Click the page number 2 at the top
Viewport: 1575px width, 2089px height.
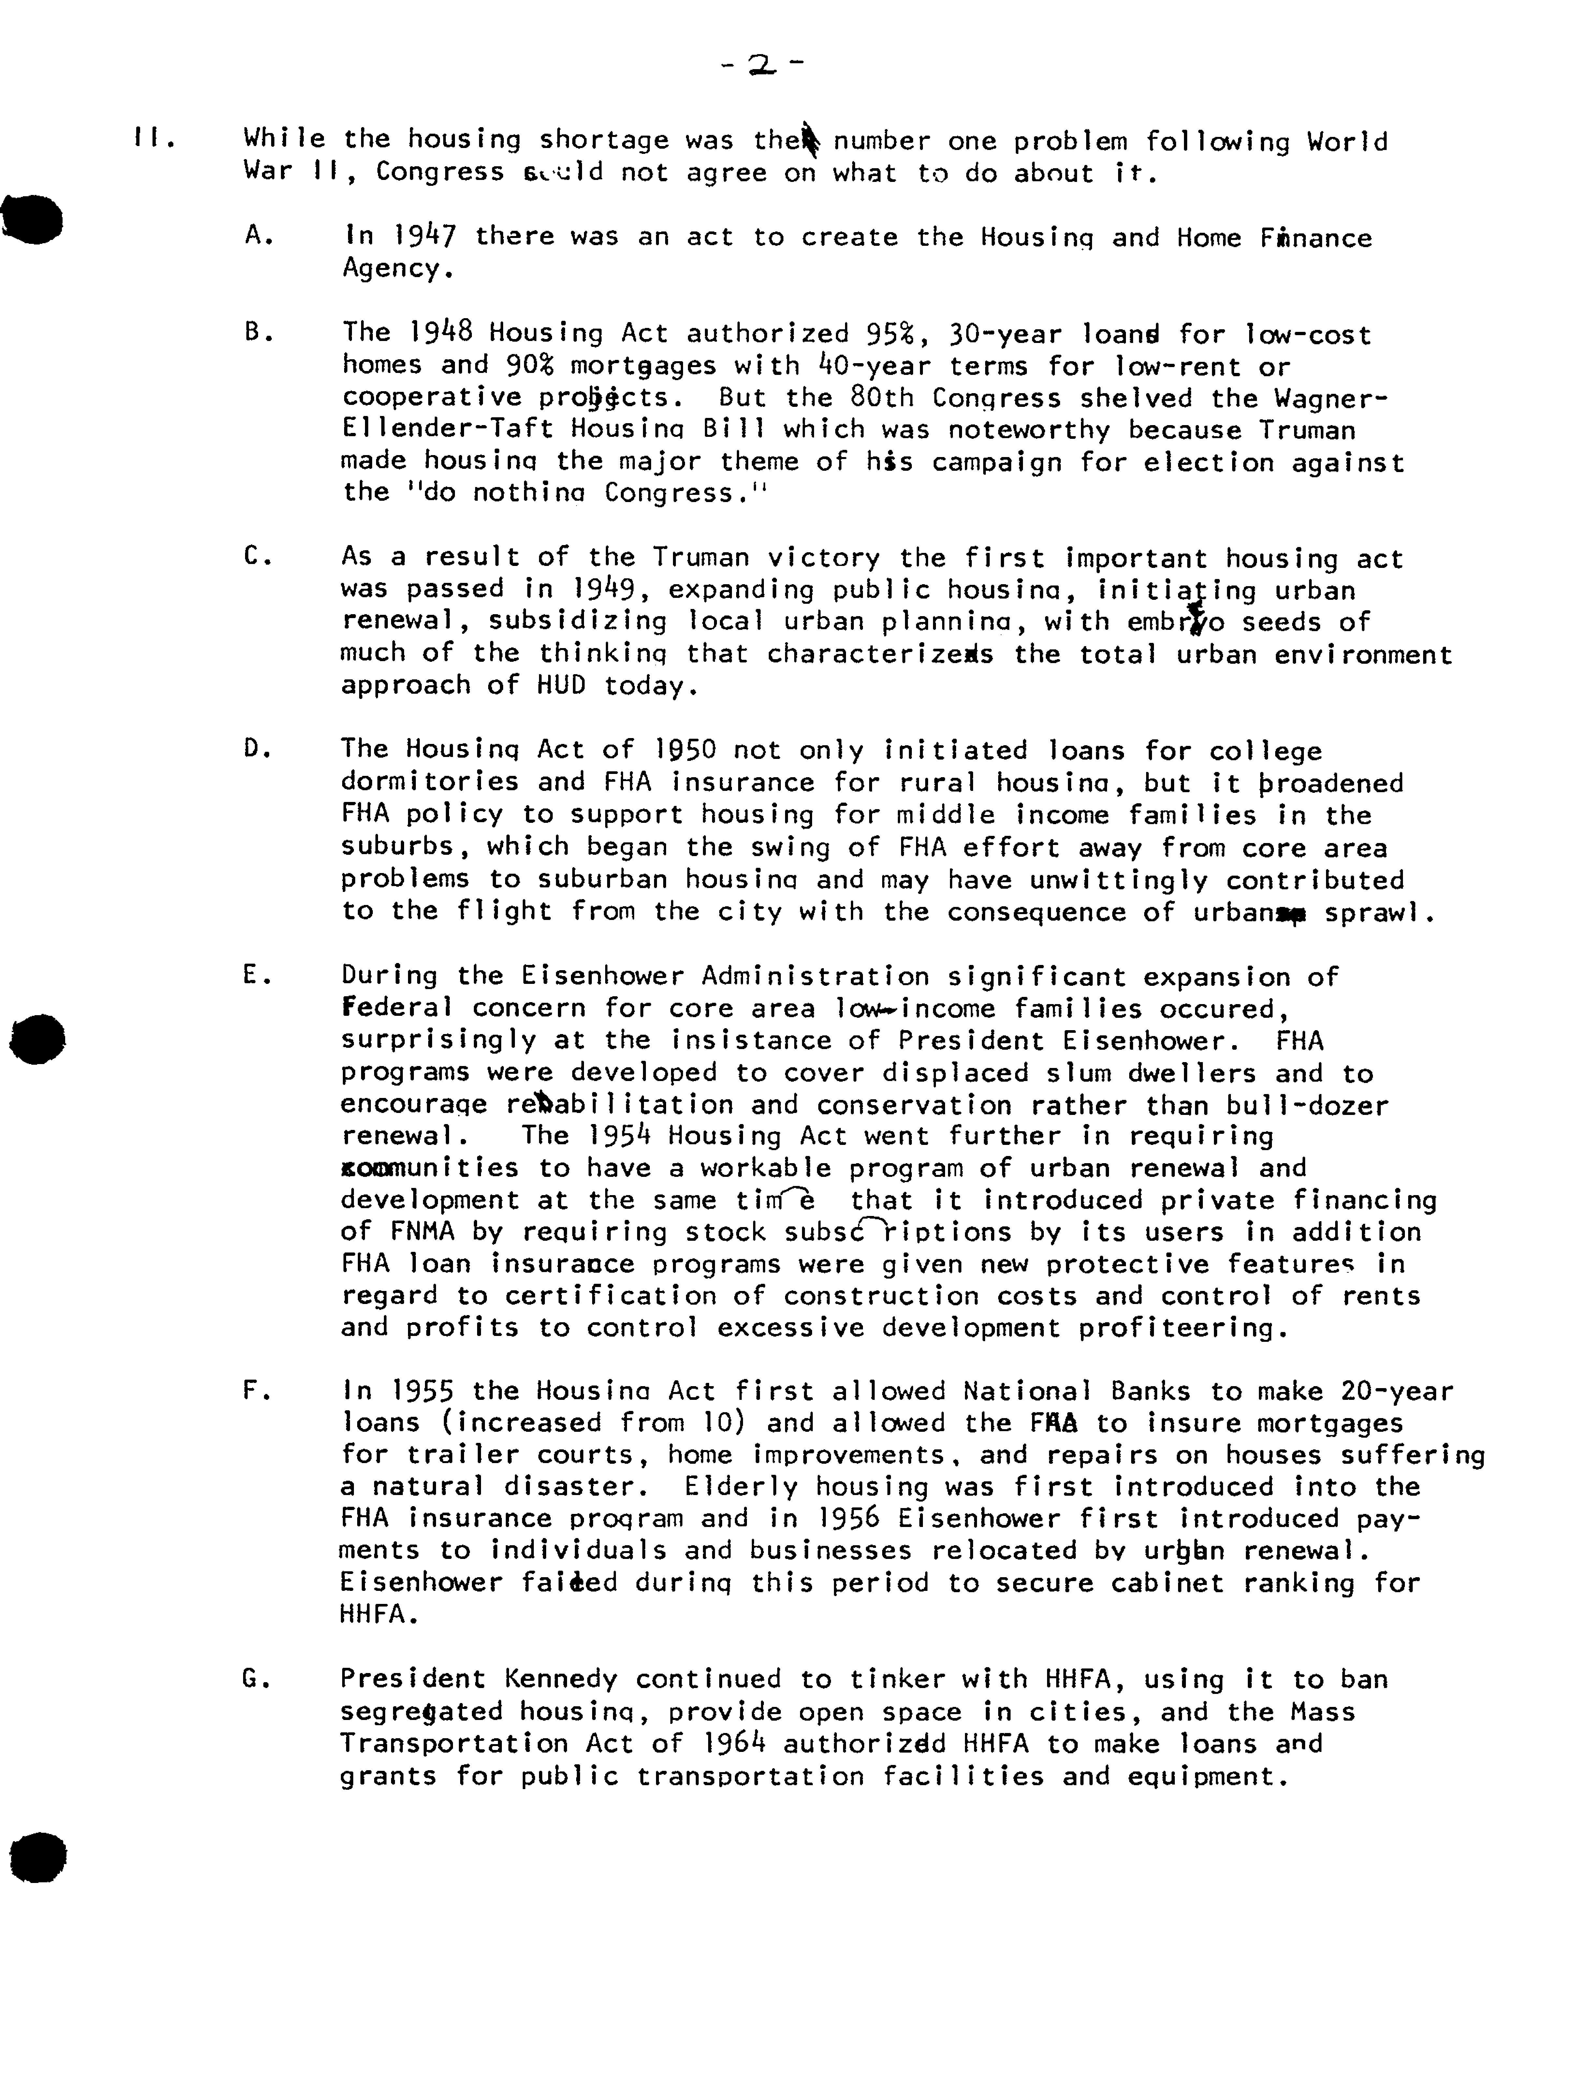click(761, 64)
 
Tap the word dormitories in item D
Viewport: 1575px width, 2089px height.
click(430, 782)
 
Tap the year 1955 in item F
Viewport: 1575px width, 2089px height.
click(423, 1391)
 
